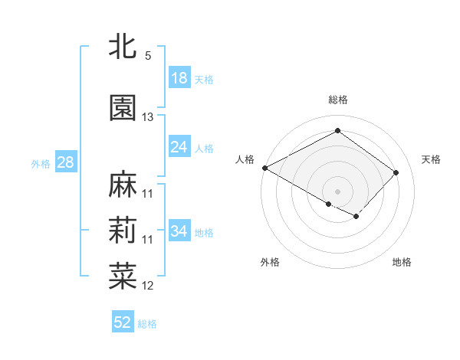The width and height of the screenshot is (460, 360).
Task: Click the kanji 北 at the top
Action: (123, 46)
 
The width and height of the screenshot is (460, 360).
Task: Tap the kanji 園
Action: (123, 108)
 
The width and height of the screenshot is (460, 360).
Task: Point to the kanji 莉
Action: (123, 231)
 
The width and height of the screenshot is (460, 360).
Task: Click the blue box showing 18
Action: (179, 78)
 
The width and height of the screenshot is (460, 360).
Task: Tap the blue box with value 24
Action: (179, 147)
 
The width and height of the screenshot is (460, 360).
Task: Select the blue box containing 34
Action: (179, 231)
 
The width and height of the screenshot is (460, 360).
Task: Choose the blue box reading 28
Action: (65, 162)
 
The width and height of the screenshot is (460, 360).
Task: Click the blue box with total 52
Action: (123, 322)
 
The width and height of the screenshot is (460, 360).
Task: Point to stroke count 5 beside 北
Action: (148, 56)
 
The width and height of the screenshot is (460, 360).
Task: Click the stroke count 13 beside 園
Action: (148, 117)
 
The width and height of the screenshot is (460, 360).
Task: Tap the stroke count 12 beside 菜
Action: (148, 286)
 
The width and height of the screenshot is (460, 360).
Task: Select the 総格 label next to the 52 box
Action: (147, 324)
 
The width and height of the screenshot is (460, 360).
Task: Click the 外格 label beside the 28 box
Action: (41, 163)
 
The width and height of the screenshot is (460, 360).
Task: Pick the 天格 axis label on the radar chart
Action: (431, 159)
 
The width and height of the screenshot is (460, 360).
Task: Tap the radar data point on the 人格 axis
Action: (264, 168)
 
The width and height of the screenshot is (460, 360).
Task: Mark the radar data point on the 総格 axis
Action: (337, 131)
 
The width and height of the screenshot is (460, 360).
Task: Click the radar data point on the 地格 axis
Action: (356, 217)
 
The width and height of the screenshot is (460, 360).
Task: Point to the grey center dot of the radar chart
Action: (337, 190)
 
